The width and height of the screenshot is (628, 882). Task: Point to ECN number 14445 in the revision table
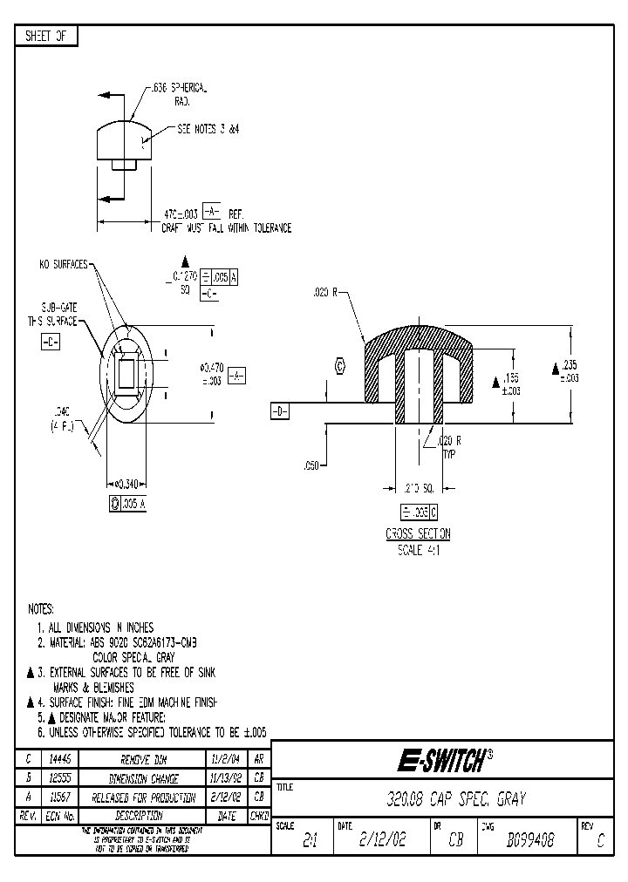click(x=58, y=760)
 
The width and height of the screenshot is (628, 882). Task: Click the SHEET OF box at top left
click(x=46, y=36)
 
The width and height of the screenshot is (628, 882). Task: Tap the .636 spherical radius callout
click(x=178, y=95)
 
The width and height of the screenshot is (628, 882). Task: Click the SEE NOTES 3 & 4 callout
click(x=208, y=128)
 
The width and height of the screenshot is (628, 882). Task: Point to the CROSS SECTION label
click(x=418, y=534)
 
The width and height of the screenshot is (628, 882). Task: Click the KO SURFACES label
click(x=64, y=264)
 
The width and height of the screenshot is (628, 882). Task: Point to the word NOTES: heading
click(x=41, y=608)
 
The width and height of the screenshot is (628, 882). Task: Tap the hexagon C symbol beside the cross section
click(x=340, y=367)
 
